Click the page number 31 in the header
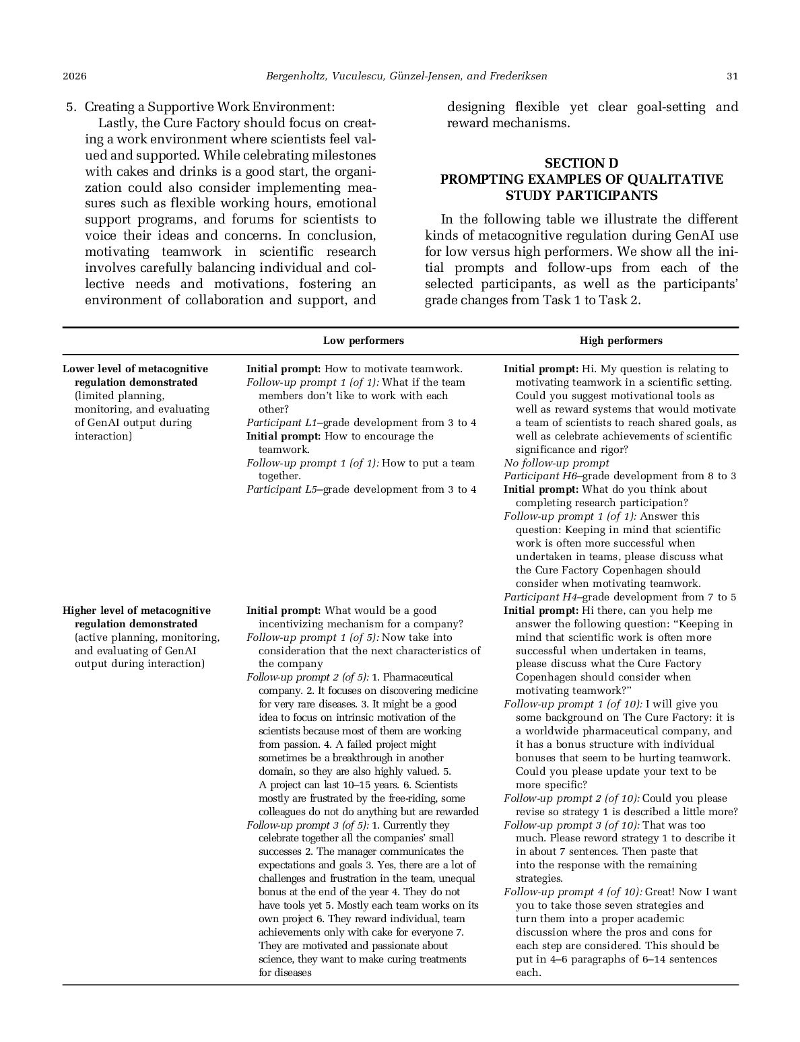(x=732, y=76)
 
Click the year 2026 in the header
(x=75, y=76)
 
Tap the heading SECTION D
(x=581, y=164)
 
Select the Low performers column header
(x=363, y=341)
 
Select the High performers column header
(x=621, y=341)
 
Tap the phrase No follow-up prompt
(x=556, y=462)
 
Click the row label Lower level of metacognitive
(x=135, y=369)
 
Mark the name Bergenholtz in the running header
(x=296, y=76)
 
